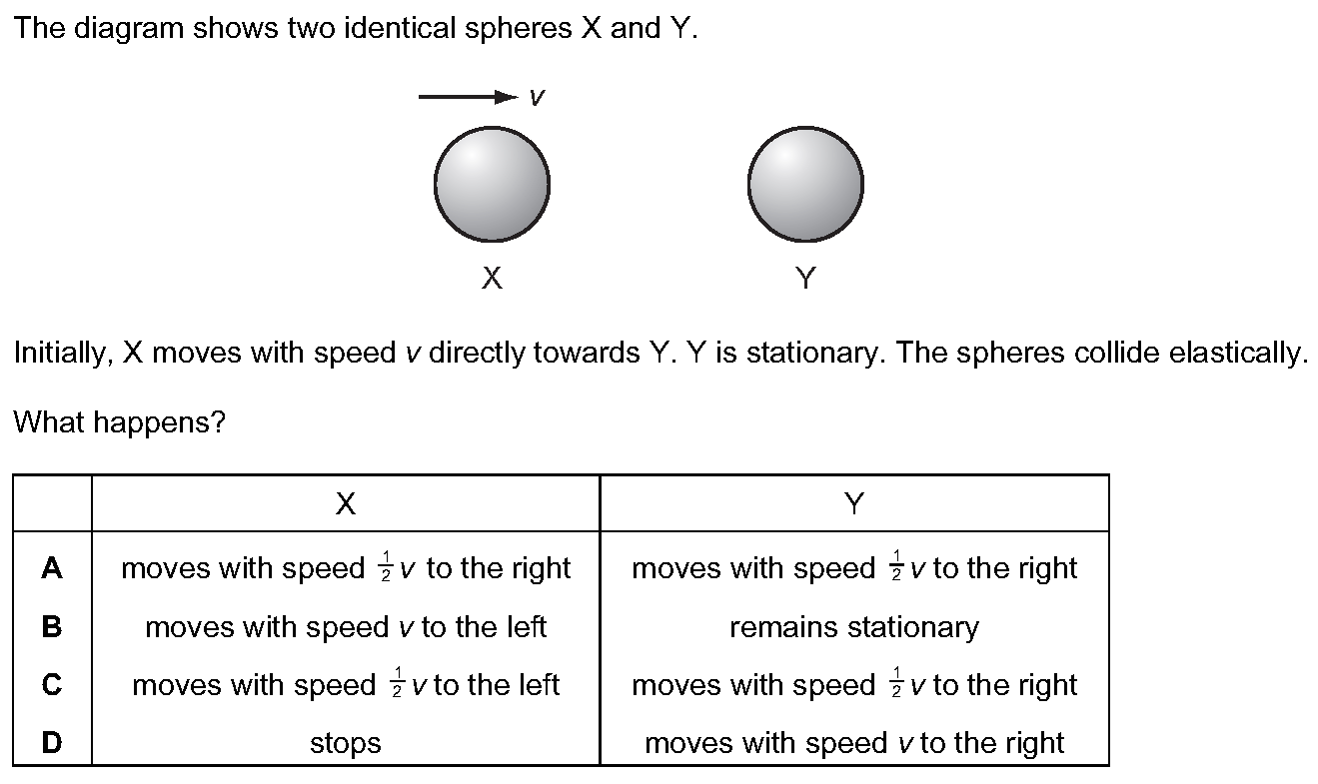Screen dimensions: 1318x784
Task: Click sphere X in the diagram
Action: (x=492, y=184)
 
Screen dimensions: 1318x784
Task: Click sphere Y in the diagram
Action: (x=805, y=184)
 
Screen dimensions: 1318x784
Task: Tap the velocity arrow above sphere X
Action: (x=469, y=97)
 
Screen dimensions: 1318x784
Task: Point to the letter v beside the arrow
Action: (x=538, y=97)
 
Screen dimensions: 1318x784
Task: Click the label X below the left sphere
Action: (x=492, y=278)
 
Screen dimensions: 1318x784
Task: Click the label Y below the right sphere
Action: (x=805, y=278)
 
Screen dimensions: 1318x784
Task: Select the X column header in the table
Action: (x=346, y=504)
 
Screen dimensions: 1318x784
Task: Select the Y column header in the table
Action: (x=854, y=504)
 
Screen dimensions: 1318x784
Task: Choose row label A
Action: (x=52, y=568)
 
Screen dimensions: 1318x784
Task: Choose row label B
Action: (x=52, y=626)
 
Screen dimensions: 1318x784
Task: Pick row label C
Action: (x=52, y=684)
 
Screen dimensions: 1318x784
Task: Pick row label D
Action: (x=52, y=742)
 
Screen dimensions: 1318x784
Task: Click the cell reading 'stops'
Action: (x=346, y=743)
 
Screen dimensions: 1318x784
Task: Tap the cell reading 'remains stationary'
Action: (x=854, y=627)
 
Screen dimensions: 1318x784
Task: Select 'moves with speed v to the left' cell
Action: (x=346, y=627)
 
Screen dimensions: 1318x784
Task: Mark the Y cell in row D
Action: (x=854, y=743)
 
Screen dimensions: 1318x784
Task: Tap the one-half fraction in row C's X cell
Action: (x=397, y=682)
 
